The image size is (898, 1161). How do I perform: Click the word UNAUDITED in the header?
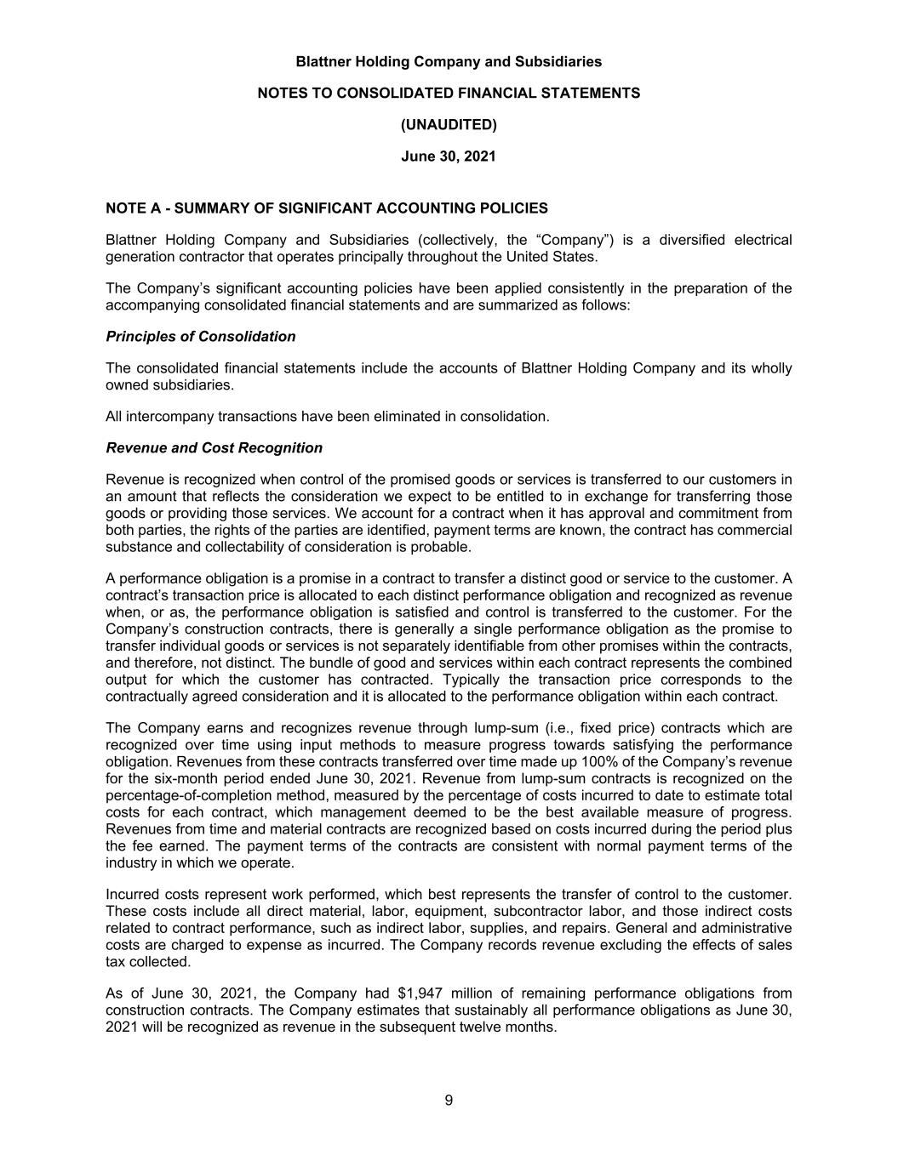[449, 125]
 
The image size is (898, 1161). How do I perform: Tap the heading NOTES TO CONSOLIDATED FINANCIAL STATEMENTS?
[449, 93]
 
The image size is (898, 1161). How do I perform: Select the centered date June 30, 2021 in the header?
[449, 157]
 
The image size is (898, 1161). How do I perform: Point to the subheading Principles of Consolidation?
[201, 337]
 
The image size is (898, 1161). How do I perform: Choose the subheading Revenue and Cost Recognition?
[214, 448]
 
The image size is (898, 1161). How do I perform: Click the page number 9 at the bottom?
[449, 1101]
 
